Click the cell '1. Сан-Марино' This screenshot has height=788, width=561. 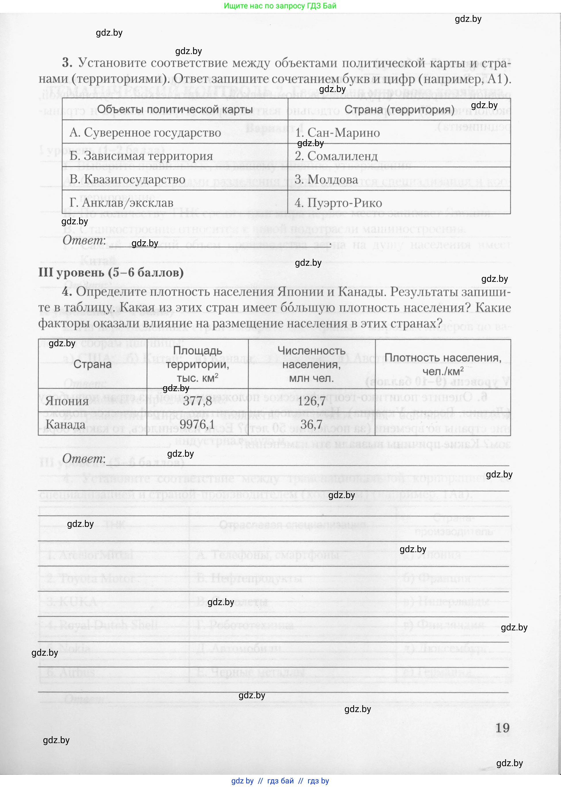pos(337,133)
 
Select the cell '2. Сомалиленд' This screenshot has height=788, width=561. pos(336,156)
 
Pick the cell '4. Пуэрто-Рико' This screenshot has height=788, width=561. pos(338,203)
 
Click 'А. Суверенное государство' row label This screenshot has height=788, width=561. pos(145,133)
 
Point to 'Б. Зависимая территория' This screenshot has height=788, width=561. pos(141,156)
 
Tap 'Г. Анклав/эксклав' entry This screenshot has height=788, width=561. pos(121,203)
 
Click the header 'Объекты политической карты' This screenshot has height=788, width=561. pos(175,110)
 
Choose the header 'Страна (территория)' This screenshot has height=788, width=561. pos(399,110)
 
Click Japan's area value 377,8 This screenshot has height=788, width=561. pos(197,401)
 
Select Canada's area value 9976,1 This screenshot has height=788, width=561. pos(197,424)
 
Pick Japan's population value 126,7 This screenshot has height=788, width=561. pos(311,401)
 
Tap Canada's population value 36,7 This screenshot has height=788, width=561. pos(311,424)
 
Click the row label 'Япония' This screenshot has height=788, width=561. pos(67,401)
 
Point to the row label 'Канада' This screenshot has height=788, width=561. pos(65,424)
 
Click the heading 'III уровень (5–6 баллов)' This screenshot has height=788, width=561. pos(111,273)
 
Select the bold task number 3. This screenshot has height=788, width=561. pos(67,63)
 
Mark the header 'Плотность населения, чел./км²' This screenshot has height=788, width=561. pos(443,364)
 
